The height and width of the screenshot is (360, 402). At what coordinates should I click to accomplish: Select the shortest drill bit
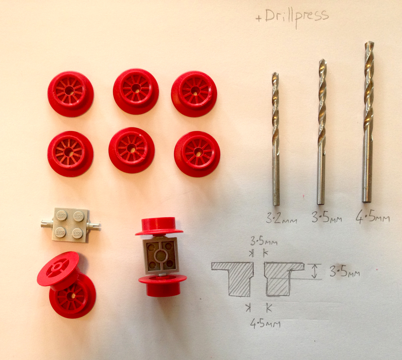click(276, 139)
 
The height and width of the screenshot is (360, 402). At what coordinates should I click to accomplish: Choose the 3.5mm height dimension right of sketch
click(345, 273)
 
